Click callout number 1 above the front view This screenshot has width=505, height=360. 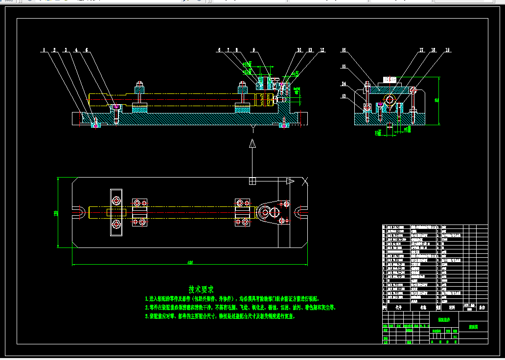pos(44,50)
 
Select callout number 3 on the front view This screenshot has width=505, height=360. pos(65,50)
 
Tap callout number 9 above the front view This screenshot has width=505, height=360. pos(254,50)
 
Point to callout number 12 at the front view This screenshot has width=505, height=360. pos(322,50)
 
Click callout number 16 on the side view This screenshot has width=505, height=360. pos(344,50)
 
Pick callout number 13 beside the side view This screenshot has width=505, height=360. pos(344,96)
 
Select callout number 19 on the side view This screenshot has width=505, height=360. pos(447,50)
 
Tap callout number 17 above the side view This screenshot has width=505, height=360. pos(421,50)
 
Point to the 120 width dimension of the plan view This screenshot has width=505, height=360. pos(56,213)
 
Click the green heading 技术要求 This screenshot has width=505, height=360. pos(201,290)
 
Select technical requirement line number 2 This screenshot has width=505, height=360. pos(240,308)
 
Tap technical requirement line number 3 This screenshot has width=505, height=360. pos(220,316)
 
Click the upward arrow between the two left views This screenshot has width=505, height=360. pos(252,143)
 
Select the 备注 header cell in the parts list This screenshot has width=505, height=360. pos(482,308)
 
